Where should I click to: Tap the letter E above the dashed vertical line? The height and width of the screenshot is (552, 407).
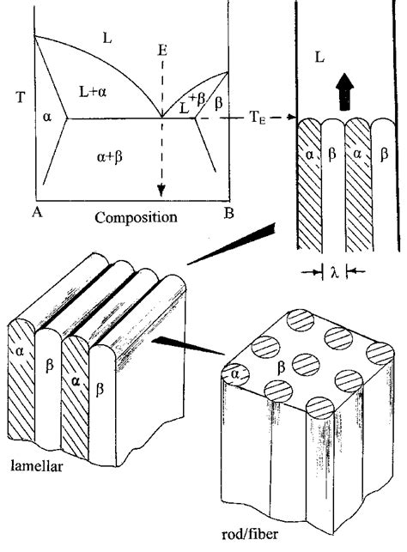(161, 49)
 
